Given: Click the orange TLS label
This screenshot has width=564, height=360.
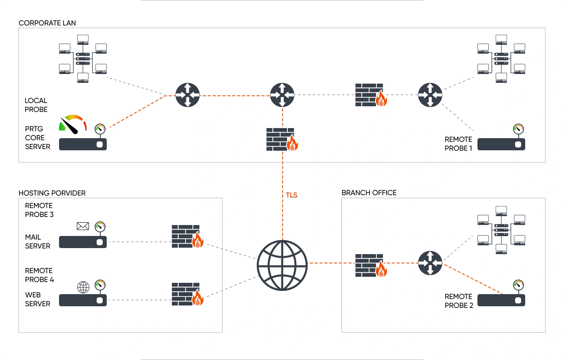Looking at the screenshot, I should coord(292,195).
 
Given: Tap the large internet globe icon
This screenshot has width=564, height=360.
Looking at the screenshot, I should coord(282,265).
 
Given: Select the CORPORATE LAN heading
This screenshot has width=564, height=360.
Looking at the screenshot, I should coord(47,23).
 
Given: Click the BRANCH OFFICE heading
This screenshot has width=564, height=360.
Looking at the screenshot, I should coord(369,193).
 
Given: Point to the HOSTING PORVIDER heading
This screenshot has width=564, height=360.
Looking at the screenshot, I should coord(52,193).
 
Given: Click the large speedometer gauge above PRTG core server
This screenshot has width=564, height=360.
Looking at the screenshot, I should coord(73,123).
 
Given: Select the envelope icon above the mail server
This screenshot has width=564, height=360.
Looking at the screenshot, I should coord(83,226).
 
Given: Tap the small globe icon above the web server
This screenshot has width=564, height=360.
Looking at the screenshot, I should coord(83,287).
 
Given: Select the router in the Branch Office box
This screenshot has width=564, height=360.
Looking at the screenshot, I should coord(430,263).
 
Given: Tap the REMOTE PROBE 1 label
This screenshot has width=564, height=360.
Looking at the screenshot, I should coord(458,144).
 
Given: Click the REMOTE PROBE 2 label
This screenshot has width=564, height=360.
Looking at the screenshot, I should coord(459,301).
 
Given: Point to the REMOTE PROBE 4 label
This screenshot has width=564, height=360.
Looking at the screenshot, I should coord(40,275).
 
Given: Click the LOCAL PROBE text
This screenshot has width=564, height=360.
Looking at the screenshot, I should coord(36,105).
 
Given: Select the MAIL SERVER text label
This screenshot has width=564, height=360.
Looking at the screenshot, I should coord(38,242).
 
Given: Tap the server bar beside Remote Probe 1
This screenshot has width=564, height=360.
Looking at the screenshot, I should coord(501,144).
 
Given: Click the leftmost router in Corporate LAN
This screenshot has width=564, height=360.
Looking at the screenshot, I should coord(188,95).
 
